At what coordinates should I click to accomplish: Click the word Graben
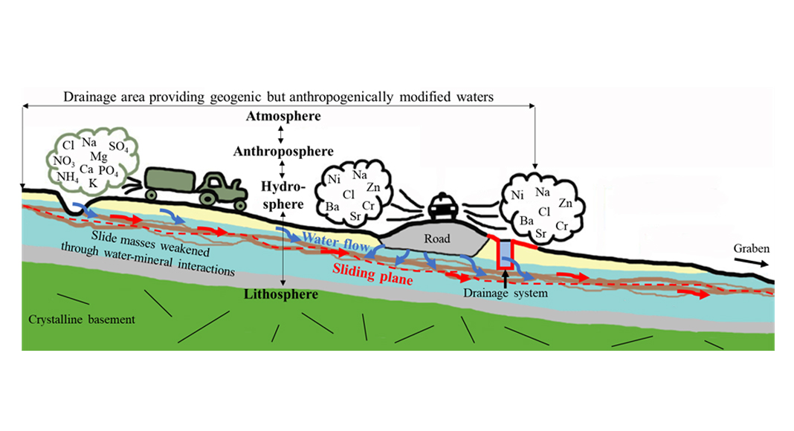tap(752, 248)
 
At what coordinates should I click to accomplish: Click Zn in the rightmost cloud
tap(566, 202)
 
